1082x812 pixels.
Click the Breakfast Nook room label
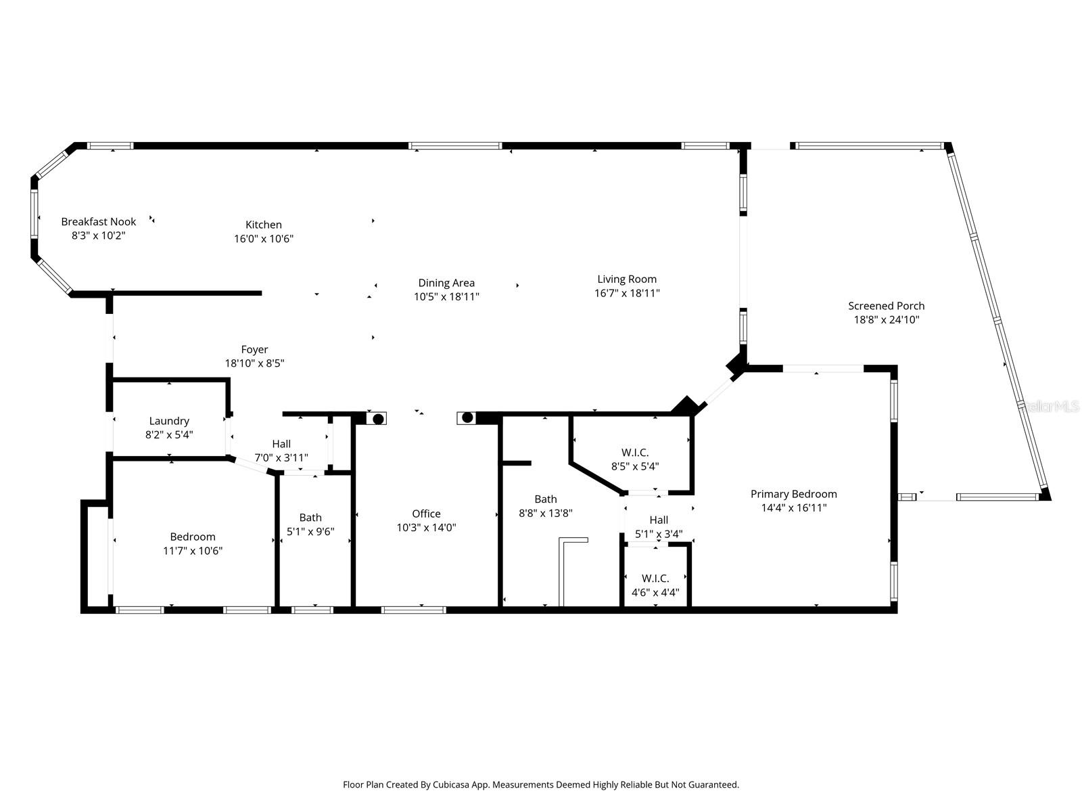(99, 221)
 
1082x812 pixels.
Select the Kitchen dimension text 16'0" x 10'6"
(264, 239)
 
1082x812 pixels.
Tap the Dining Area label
(446, 283)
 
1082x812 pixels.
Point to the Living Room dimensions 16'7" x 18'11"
(627, 293)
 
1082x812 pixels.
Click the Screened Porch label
(886, 306)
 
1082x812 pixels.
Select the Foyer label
(254, 349)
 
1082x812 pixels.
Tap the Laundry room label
(169, 421)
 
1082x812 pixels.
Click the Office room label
(426, 514)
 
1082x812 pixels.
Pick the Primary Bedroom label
(793, 494)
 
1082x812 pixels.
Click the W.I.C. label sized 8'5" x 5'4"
(635, 452)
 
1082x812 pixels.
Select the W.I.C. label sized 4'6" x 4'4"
(655, 579)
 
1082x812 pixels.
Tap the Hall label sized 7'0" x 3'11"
(281, 444)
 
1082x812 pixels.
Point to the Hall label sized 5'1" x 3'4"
(659, 520)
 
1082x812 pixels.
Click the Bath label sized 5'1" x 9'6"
(310, 518)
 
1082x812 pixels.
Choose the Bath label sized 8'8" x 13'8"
(546, 499)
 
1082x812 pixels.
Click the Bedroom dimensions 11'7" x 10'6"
(193, 551)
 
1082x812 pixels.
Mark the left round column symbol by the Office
(379, 419)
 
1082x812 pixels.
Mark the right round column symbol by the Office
(467, 418)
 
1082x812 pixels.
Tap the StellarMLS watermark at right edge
(1052, 406)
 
